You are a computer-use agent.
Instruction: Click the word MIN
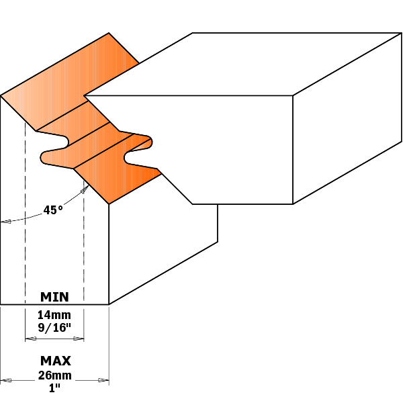[54, 297]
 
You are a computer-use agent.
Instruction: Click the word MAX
[55, 361]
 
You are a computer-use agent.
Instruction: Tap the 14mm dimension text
[54, 315]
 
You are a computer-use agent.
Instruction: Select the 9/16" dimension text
[54, 328]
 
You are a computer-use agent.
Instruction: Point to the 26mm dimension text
[55, 375]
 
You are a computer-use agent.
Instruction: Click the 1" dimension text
[54, 388]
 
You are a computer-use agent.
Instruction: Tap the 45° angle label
[53, 210]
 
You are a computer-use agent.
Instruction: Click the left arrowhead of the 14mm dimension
[30, 339]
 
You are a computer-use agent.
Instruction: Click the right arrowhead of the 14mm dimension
[79, 339]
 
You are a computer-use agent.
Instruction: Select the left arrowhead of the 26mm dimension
[5, 380]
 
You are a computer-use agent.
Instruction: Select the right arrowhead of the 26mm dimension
[103, 380]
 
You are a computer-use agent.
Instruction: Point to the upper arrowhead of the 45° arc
[85, 189]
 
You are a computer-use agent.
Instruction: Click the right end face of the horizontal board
[347, 118]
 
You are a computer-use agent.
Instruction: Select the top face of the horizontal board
[243, 64]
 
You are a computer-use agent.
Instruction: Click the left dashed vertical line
[26, 214]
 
